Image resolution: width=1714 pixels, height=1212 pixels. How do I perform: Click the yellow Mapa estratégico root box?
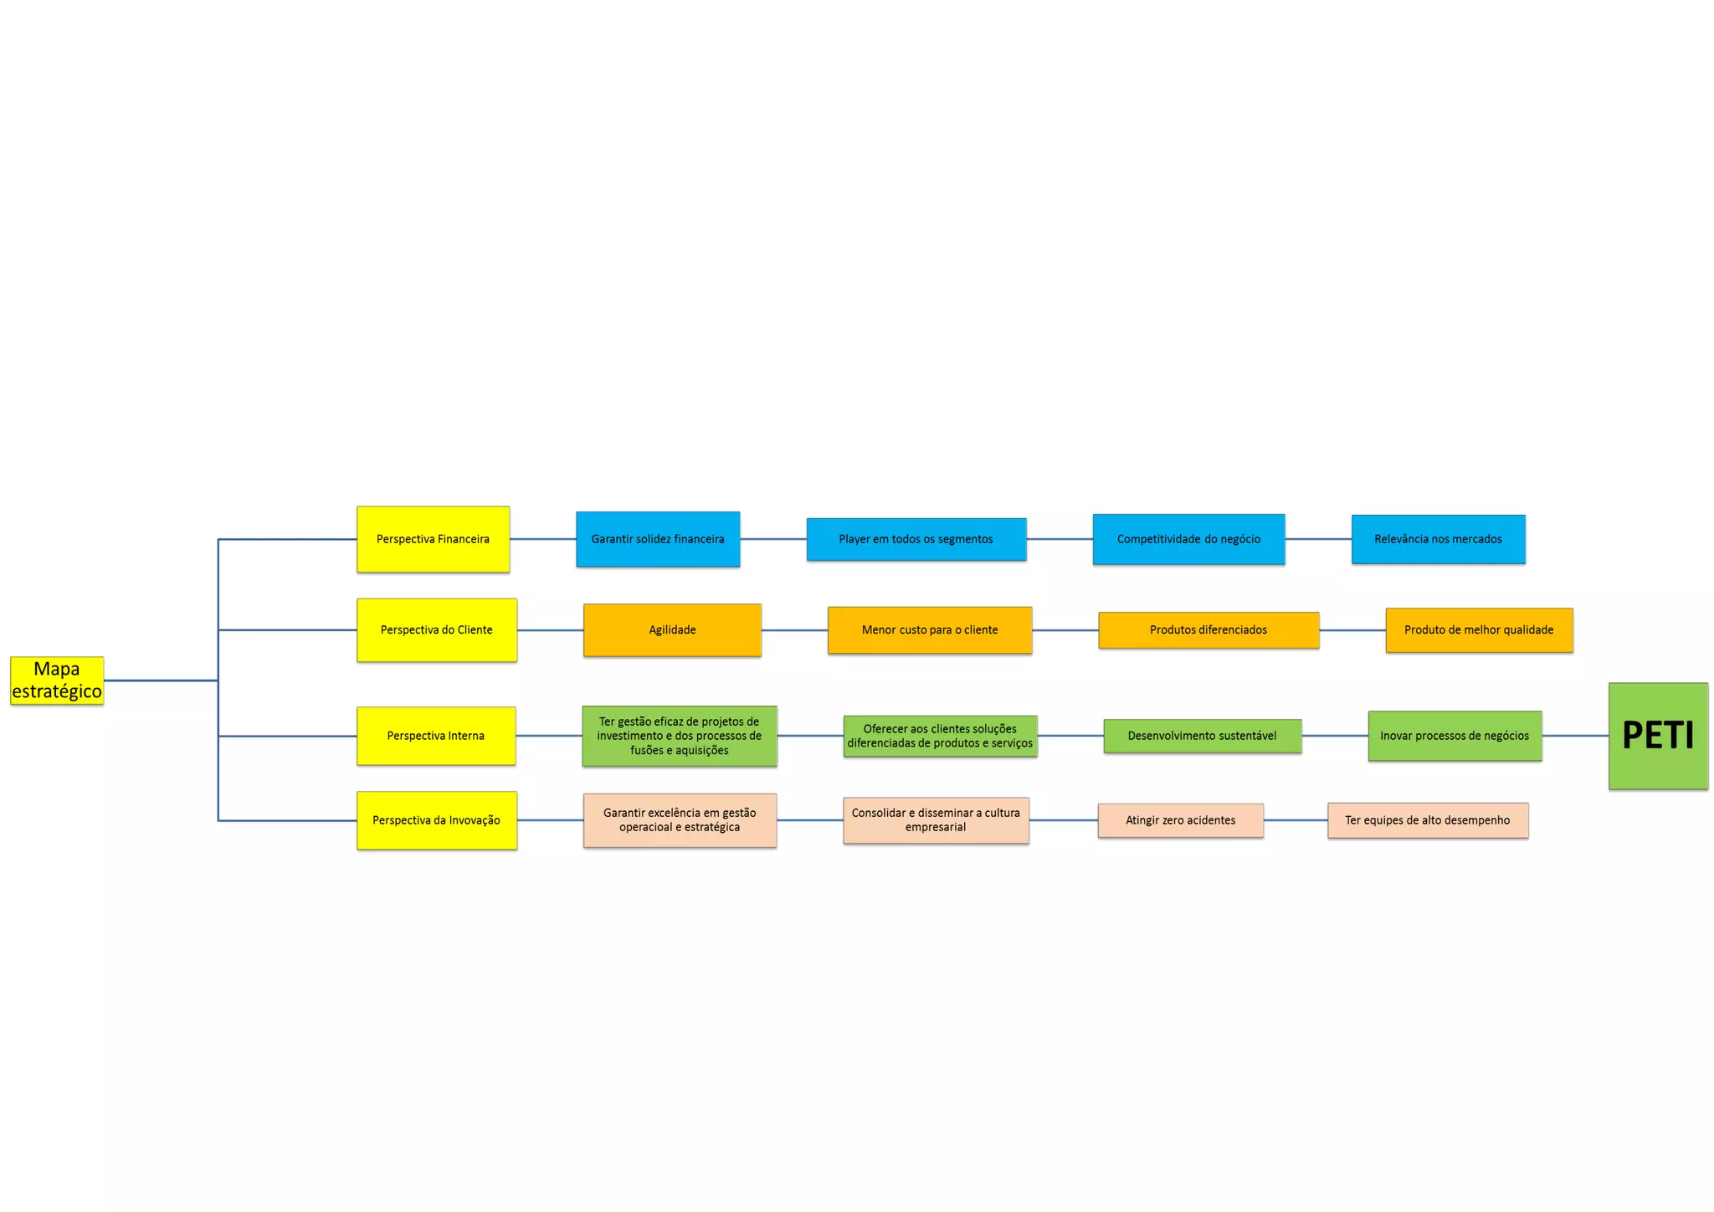[x=57, y=680]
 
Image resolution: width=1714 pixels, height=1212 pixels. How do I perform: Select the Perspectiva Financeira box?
[x=433, y=539]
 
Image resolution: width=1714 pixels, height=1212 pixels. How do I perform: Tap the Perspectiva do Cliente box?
[x=436, y=630]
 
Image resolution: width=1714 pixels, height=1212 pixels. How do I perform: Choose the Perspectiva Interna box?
[x=435, y=736]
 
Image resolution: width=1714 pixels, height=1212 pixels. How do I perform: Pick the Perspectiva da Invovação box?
[x=436, y=820]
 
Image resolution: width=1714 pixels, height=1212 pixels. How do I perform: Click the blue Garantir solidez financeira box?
[x=658, y=539]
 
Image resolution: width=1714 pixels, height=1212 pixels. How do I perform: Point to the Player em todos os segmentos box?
[x=916, y=539]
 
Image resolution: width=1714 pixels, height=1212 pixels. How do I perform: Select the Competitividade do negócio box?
[x=1188, y=539]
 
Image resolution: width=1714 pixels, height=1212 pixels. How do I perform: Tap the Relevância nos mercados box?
[x=1438, y=539]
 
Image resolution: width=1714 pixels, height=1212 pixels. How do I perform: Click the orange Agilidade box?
[x=672, y=630]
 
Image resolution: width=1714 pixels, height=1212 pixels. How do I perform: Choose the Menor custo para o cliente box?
[x=930, y=630]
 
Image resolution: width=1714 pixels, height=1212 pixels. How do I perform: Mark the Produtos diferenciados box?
[x=1209, y=630]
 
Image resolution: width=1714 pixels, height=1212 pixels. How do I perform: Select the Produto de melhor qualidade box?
[x=1479, y=630]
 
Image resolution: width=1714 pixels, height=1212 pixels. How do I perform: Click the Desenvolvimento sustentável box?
[x=1202, y=736]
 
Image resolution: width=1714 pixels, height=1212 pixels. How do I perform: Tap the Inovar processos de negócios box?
[x=1455, y=736]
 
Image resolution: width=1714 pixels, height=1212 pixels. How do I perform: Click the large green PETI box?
[x=1658, y=736]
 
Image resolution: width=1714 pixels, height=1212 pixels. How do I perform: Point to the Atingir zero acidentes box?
[x=1180, y=820]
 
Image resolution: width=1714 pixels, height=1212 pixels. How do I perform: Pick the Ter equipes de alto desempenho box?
[x=1428, y=820]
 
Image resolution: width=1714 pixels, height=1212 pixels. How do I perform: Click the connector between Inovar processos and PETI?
[x=1575, y=736]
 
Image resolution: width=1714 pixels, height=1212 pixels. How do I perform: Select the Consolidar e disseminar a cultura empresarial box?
[x=936, y=820]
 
